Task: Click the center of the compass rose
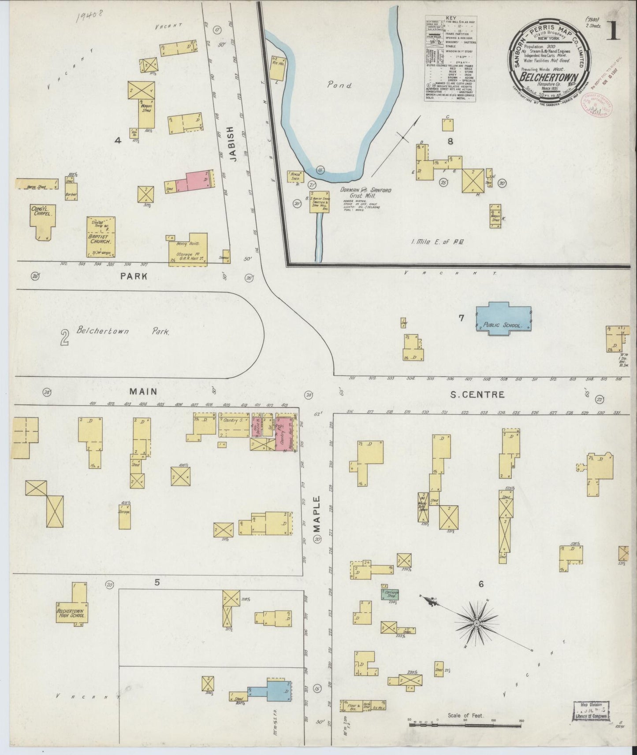point(477,623)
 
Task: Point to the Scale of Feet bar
point(465,722)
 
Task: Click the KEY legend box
point(450,59)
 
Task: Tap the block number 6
point(481,584)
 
